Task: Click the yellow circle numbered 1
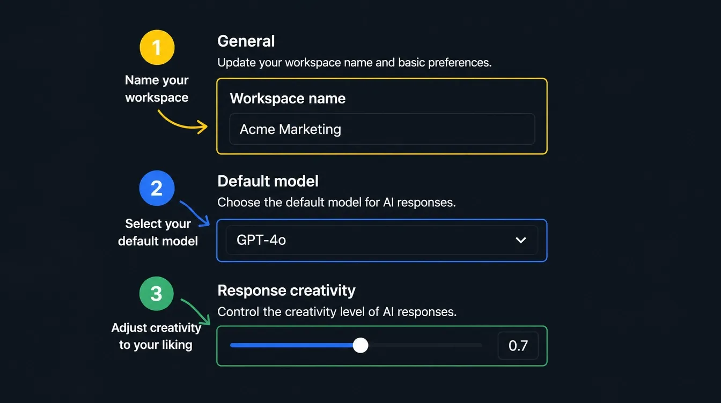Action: (x=157, y=47)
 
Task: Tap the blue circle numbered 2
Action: (x=157, y=188)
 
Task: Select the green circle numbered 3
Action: (x=157, y=293)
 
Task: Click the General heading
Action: (x=246, y=41)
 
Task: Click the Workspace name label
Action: (x=288, y=99)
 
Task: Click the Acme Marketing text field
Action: (x=382, y=129)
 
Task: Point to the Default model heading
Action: (x=268, y=181)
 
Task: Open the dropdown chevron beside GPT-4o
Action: (x=520, y=240)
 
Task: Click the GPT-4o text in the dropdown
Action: (x=261, y=240)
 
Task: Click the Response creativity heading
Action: (x=286, y=290)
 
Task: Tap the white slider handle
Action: (x=360, y=346)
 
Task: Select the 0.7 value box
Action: (x=518, y=346)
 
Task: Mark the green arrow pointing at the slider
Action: (x=197, y=310)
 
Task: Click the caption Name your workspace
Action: (x=157, y=89)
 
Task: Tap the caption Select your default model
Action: (x=158, y=232)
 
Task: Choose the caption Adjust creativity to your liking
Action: (x=156, y=336)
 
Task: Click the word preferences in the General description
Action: (x=460, y=62)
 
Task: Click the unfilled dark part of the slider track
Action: (x=425, y=346)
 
